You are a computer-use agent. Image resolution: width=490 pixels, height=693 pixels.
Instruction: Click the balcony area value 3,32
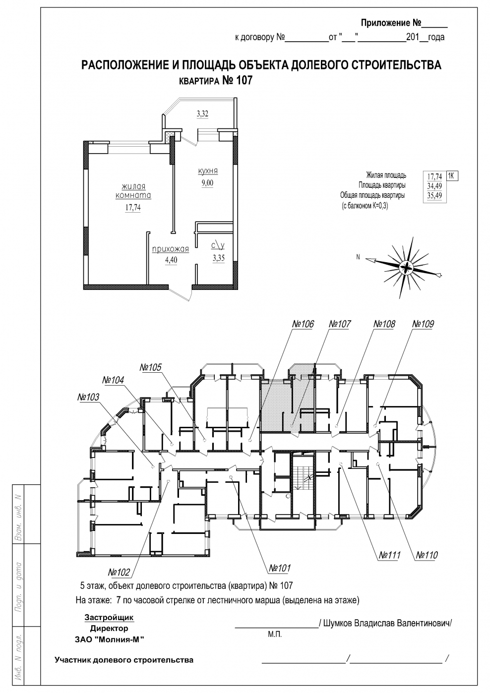(202, 114)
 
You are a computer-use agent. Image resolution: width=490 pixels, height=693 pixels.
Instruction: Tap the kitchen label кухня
(208, 171)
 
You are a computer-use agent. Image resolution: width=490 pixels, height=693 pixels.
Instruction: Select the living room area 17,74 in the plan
(133, 208)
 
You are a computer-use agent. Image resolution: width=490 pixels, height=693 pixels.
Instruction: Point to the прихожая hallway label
(170, 249)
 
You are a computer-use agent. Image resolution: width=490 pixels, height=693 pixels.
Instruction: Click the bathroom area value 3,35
(219, 258)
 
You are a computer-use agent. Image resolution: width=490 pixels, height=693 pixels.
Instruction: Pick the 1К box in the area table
(452, 176)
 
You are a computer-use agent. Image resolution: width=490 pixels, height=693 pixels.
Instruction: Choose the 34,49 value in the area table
(434, 186)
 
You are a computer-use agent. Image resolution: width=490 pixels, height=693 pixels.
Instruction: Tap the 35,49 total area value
(434, 195)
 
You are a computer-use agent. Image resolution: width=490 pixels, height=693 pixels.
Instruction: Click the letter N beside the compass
(358, 257)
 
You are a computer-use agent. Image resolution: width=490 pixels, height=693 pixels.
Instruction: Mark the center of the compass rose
(405, 267)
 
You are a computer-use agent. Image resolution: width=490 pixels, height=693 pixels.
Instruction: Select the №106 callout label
(303, 324)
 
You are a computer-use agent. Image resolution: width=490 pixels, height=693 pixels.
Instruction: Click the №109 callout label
(423, 324)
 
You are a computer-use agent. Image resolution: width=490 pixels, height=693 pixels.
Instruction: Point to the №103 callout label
(88, 397)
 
